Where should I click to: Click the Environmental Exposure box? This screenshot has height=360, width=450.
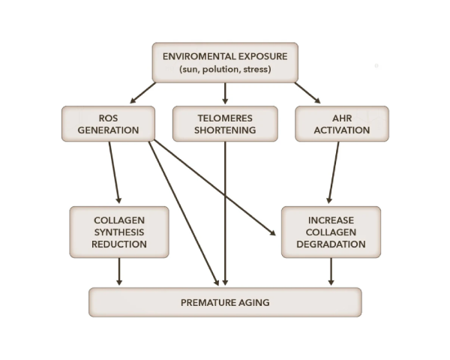pyautogui.click(x=225, y=62)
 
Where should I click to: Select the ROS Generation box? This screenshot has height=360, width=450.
pyautogui.click(x=108, y=124)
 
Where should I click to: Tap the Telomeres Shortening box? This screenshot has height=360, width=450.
pyautogui.click(x=225, y=124)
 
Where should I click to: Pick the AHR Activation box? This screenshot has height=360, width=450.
pyautogui.click(x=341, y=124)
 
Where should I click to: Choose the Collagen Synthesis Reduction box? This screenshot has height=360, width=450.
pyautogui.click(x=119, y=232)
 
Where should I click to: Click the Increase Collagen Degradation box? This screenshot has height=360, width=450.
pyautogui.click(x=331, y=232)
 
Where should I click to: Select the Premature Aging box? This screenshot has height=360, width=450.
pyautogui.click(x=225, y=302)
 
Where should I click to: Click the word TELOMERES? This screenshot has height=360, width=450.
pyautogui.click(x=225, y=118)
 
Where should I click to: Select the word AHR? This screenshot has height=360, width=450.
pyautogui.click(x=341, y=118)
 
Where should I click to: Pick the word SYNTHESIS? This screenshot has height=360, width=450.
pyautogui.click(x=119, y=232)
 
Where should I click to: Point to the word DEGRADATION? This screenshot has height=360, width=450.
pyautogui.click(x=331, y=244)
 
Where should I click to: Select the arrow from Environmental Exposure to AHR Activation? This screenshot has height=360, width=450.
pyautogui.click(x=307, y=92)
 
